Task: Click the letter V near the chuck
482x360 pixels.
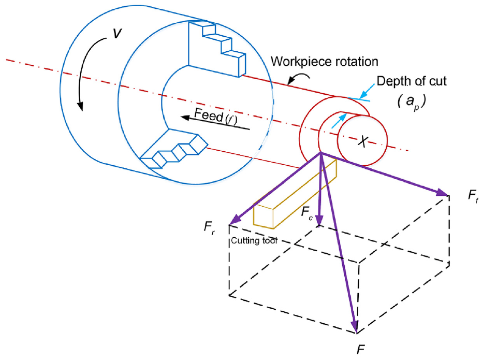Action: pyautogui.click(x=117, y=33)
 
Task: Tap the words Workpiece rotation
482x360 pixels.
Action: pyautogui.click(x=324, y=62)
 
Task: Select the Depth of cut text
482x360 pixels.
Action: pyautogui.click(x=412, y=81)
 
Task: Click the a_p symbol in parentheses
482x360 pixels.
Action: pyautogui.click(x=412, y=102)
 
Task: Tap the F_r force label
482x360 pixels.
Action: pyautogui.click(x=209, y=228)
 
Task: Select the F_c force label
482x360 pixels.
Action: pyautogui.click(x=307, y=212)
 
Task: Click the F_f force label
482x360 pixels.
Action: pyautogui.click(x=473, y=196)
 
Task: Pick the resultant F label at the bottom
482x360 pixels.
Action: pyautogui.click(x=360, y=350)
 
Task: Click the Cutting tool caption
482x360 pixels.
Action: pyautogui.click(x=254, y=240)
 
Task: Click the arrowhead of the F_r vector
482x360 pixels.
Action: pyautogui.click(x=235, y=220)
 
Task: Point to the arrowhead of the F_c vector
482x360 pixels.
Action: pyautogui.click(x=319, y=221)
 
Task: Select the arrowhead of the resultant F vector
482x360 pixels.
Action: pyautogui.click(x=355, y=326)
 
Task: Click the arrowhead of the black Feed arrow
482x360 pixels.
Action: pyautogui.click(x=185, y=118)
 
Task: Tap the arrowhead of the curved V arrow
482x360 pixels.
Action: pyautogui.click(x=80, y=106)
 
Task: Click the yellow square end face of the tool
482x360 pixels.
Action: pyautogui.click(x=264, y=217)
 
